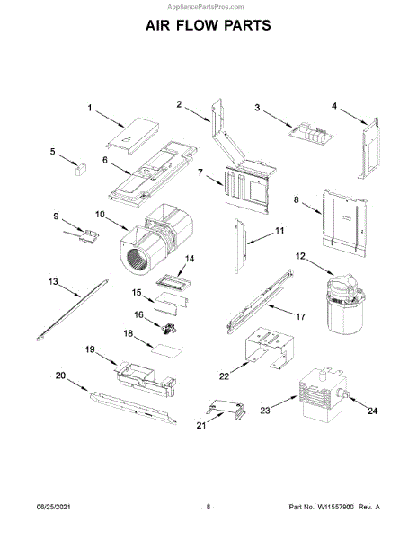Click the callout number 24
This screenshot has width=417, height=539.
[x=373, y=411]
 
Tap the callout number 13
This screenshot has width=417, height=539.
[x=53, y=282]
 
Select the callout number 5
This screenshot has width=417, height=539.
[x=52, y=151]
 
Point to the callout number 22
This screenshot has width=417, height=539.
[x=224, y=376]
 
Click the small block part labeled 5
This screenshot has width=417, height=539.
[x=81, y=169]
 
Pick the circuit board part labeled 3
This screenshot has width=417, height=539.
[x=311, y=132]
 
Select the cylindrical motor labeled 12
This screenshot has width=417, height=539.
[x=345, y=305]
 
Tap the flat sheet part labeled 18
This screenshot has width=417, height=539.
[x=167, y=350]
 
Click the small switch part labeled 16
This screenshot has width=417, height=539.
[x=169, y=328]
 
